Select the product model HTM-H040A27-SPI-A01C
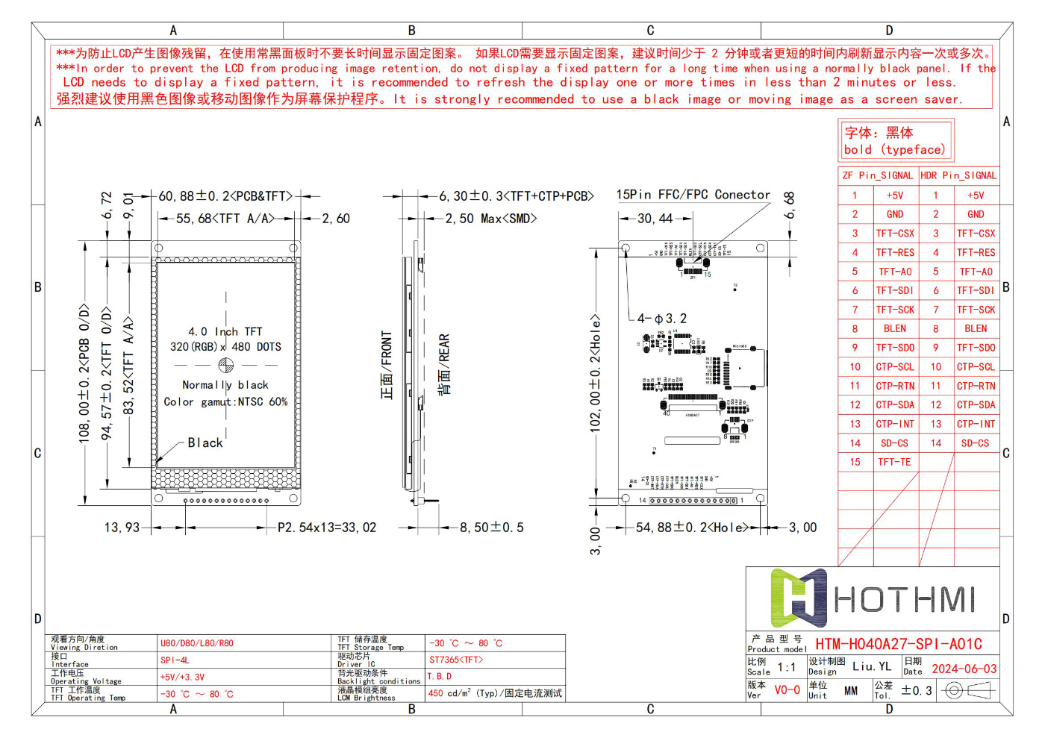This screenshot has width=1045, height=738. pyautogui.click(x=898, y=644)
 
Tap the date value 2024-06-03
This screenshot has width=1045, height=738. pyautogui.click(x=964, y=669)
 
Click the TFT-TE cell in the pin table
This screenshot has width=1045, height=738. pyautogui.click(x=894, y=462)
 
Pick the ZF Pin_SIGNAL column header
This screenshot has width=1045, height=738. pyautogui.click(x=877, y=175)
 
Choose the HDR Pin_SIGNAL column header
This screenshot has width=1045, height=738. pyautogui.click(x=958, y=175)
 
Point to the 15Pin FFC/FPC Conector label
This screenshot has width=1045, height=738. pyautogui.click(x=693, y=195)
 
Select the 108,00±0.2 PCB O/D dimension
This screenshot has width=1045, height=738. pyautogui.click(x=84, y=373)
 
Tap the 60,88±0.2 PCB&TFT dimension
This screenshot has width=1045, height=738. pyautogui.click(x=225, y=196)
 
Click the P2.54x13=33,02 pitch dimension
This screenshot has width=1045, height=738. pyautogui.click(x=327, y=528)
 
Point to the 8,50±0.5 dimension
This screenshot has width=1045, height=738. pyautogui.click(x=491, y=528)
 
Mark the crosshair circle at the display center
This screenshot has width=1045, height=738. pyautogui.click(x=226, y=365)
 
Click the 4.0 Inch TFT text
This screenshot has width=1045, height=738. pyautogui.click(x=225, y=331)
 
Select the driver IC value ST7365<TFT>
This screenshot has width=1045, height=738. pyautogui.click(x=456, y=660)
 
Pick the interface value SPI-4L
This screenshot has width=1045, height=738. pyautogui.click(x=175, y=660)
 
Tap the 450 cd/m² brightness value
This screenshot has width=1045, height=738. pyautogui.click(x=494, y=693)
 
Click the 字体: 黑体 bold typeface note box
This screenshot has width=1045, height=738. pyautogui.click(x=895, y=141)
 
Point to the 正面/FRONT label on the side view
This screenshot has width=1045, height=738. pyautogui.click(x=387, y=365)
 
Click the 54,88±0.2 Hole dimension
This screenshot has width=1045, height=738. pyautogui.click(x=691, y=528)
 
